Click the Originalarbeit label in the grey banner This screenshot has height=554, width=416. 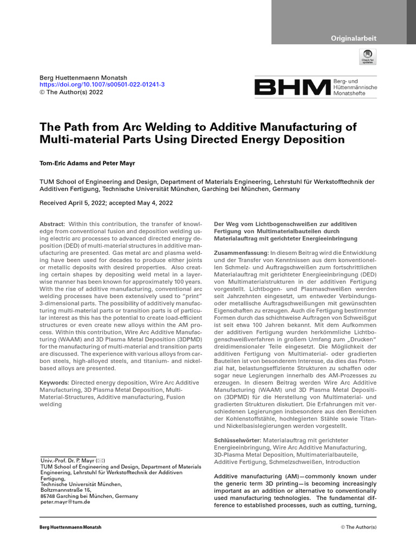(354, 38)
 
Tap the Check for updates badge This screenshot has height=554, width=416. (368, 57)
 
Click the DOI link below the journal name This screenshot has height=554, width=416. (102, 85)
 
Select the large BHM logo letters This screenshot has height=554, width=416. (292, 88)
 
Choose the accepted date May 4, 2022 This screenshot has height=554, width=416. (157, 202)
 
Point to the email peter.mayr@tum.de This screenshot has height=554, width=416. (65, 502)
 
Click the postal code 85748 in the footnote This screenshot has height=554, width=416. (49, 496)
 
